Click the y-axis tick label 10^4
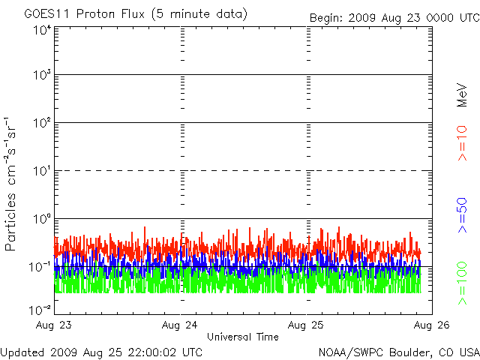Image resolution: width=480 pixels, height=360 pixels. pos(40,30)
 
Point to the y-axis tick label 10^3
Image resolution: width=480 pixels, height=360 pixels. pos(40,76)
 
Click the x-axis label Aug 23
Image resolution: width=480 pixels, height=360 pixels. pos(54,325)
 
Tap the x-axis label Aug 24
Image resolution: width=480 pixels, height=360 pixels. pos(180,325)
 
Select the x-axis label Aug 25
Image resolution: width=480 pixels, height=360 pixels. pos(306,325)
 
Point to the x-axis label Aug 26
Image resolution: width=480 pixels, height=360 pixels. pos(431,325)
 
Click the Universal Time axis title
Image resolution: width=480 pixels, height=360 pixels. pos(242,337)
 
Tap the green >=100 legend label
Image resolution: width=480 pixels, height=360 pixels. pos(463,283)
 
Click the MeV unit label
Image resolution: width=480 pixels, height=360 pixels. pos(463,95)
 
